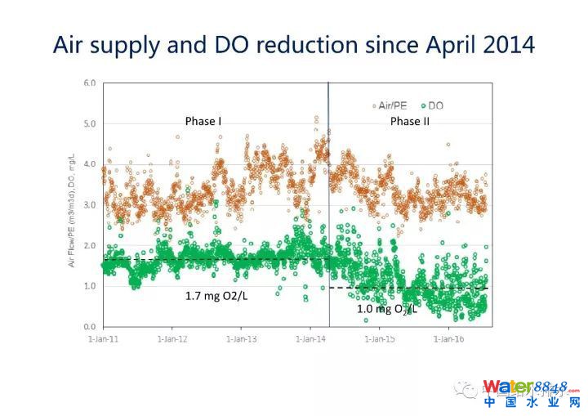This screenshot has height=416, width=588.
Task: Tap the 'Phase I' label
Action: point(203,122)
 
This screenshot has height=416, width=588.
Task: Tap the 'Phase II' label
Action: point(410,122)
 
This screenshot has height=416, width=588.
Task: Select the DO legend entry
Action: point(432,105)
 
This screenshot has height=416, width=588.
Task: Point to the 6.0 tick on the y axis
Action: point(89,83)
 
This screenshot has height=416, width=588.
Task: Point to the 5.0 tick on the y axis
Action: point(89,124)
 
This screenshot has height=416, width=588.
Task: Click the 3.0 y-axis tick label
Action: point(89,205)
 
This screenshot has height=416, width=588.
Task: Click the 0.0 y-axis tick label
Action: point(89,327)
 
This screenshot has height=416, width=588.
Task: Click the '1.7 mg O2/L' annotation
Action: point(217,297)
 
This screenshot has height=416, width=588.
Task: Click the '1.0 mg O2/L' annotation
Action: point(387,309)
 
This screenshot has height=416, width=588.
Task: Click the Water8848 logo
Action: point(531,393)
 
